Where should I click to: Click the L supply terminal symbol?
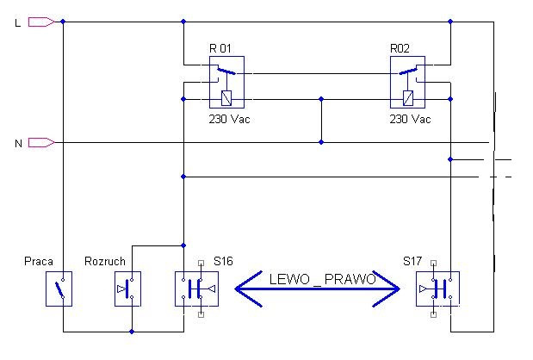pos(41,22)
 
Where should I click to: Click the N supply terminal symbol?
pos(41,142)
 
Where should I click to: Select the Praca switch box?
pos(59,289)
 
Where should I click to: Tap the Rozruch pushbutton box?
pos(127,289)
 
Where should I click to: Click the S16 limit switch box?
pos(197,289)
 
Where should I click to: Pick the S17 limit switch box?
pos(437,289)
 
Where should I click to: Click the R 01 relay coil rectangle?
pos(226,98)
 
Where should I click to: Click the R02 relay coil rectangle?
pos(408,98)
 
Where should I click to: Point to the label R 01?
pos(220,48)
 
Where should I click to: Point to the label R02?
pos(400,48)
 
